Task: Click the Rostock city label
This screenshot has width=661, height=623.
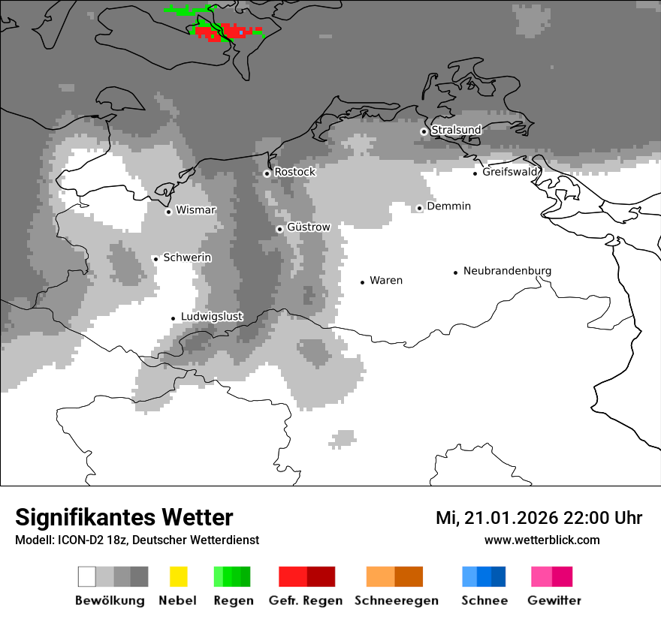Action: tap(294, 172)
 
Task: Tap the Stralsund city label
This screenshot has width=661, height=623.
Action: tap(456, 130)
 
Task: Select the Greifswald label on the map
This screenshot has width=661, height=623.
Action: tap(510, 172)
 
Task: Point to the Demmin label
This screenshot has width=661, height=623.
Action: tap(448, 206)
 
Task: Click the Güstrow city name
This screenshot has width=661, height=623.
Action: tap(308, 227)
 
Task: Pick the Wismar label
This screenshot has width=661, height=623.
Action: tap(195, 210)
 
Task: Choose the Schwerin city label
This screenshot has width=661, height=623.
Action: tap(187, 257)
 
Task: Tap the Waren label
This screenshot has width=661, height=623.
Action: tap(386, 280)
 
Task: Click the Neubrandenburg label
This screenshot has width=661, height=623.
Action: tap(507, 271)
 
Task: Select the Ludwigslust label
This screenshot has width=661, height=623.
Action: tap(212, 317)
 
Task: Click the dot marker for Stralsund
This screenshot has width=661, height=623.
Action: tap(424, 131)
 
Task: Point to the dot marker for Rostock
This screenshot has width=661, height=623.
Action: tap(267, 173)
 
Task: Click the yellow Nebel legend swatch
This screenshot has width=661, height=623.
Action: tap(178, 576)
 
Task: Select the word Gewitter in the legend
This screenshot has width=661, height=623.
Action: tap(554, 600)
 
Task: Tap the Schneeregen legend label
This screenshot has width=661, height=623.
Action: tap(395, 600)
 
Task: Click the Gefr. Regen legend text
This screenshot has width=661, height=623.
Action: tap(306, 600)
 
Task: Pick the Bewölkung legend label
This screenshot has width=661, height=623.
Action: tap(110, 600)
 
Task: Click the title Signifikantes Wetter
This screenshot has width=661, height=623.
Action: tap(124, 518)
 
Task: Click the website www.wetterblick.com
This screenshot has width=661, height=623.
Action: tap(542, 540)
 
